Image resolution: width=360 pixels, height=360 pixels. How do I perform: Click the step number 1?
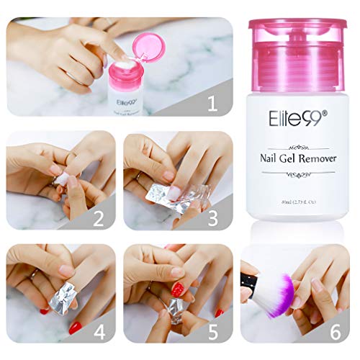(212, 103)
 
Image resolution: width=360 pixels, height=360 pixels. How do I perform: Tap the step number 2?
(101, 216)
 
